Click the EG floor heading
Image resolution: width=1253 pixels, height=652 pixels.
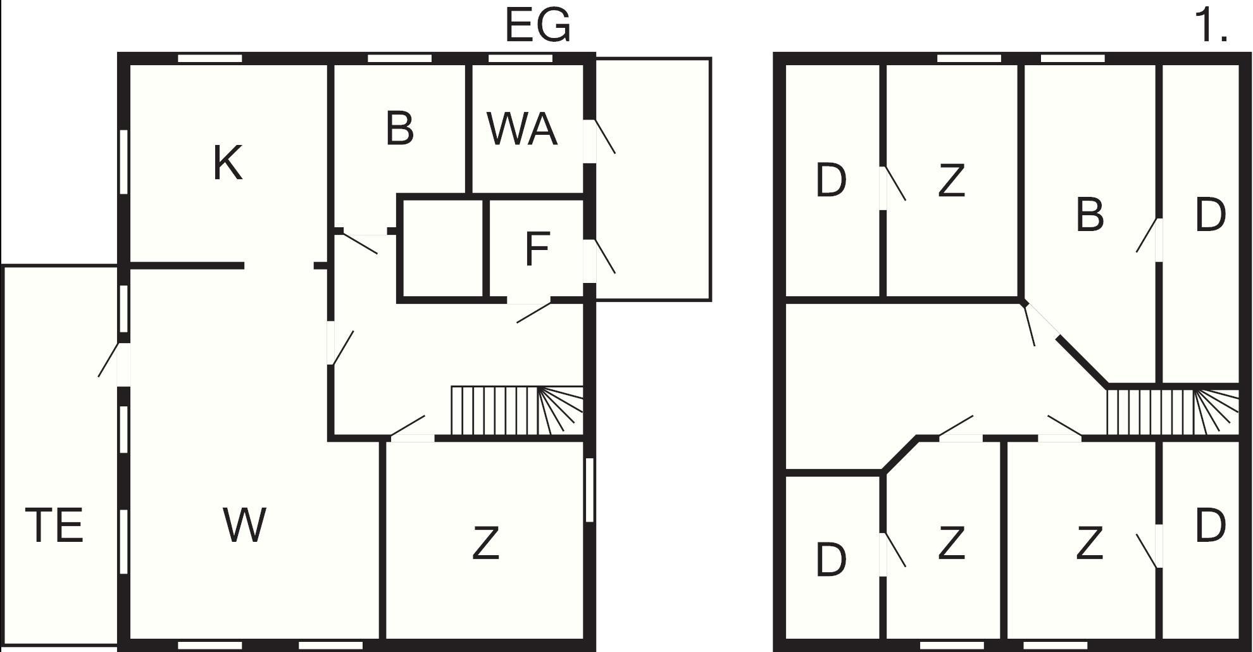pyautogui.click(x=538, y=26)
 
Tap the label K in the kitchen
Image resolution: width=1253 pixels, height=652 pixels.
pyautogui.click(x=228, y=163)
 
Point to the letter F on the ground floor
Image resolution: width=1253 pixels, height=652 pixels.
pyautogui.click(x=537, y=249)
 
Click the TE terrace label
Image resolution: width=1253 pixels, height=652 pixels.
pyautogui.click(x=54, y=525)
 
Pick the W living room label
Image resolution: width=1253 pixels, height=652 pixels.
pyautogui.click(x=244, y=525)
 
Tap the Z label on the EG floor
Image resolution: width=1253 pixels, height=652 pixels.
pyautogui.click(x=486, y=543)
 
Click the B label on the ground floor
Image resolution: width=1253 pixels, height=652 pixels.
pyautogui.click(x=399, y=129)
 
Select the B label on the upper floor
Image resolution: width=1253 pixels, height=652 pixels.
pyautogui.click(x=1090, y=215)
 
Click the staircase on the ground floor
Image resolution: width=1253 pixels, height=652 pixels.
pyautogui.click(x=516, y=410)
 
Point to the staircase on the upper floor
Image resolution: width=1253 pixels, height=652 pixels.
pyautogui.click(x=1172, y=411)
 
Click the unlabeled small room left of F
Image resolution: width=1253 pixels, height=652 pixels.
pyautogui.click(x=443, y=249)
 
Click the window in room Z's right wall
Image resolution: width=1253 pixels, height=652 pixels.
pyautogui.click(x=589, y=490)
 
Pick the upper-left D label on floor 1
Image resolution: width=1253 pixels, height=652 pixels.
pyautogui.click(x=832, y=180)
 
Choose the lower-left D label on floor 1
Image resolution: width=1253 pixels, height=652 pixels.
pyautogui.click(x=832, y=560)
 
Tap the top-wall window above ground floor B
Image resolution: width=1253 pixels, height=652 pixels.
pyautogui.click(x=399, y=58)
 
